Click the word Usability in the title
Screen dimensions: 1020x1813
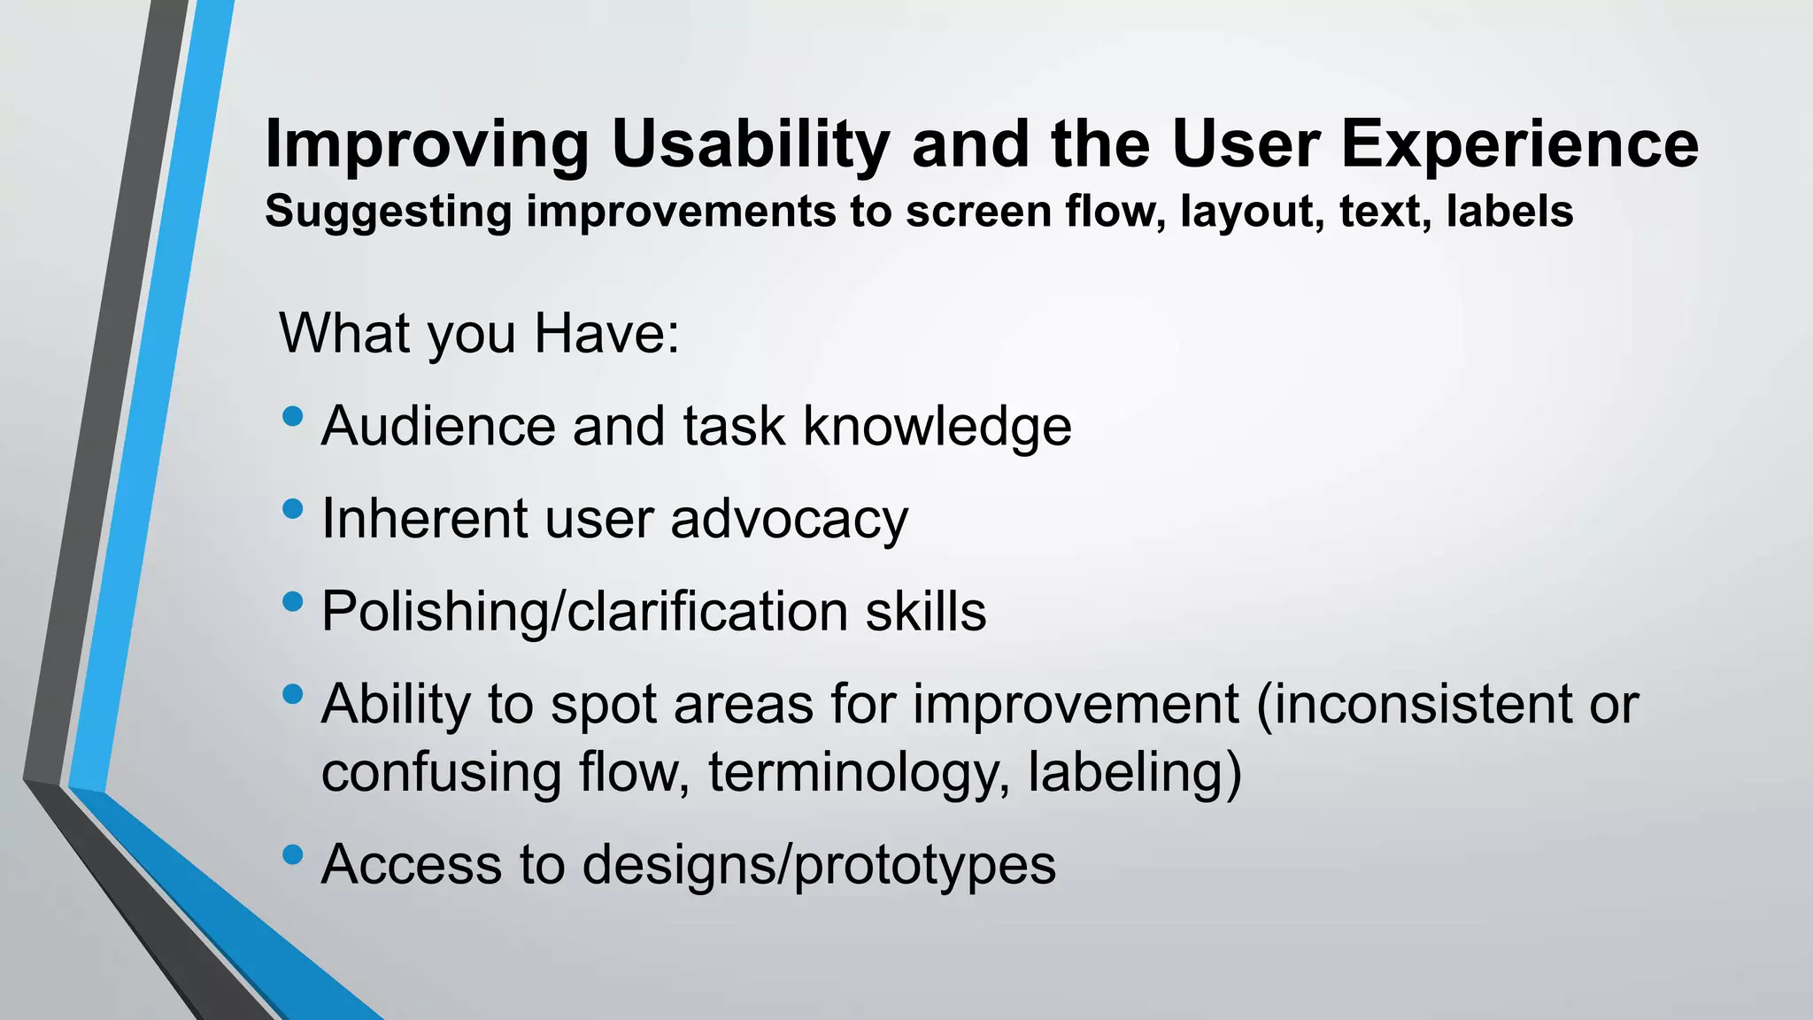click(751, 144)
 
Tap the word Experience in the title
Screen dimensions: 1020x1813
click(1519, 144)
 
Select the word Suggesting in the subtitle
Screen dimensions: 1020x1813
click(388, 212)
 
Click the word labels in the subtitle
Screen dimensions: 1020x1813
click(1509, 212)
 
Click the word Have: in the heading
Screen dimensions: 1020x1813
click(606, 334)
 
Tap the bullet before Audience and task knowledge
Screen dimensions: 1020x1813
click(292, 416)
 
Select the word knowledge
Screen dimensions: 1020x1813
click(937, 426)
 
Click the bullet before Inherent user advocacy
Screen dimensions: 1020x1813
click(292, 509)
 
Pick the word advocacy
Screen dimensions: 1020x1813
click(789, 519)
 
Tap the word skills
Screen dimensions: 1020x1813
click(925, 612)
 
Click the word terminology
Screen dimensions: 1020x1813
click(858, 772)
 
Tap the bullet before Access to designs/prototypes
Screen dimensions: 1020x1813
click(292, 855)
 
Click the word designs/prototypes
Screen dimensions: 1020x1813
click(819, 865)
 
